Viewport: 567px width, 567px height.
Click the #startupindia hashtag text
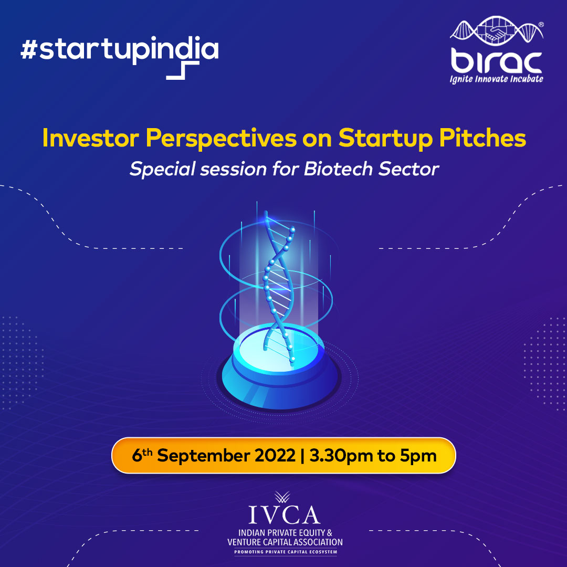119,50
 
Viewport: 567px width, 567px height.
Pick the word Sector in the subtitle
412,170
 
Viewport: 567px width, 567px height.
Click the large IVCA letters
283,514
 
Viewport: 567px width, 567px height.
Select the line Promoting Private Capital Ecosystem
284,552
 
